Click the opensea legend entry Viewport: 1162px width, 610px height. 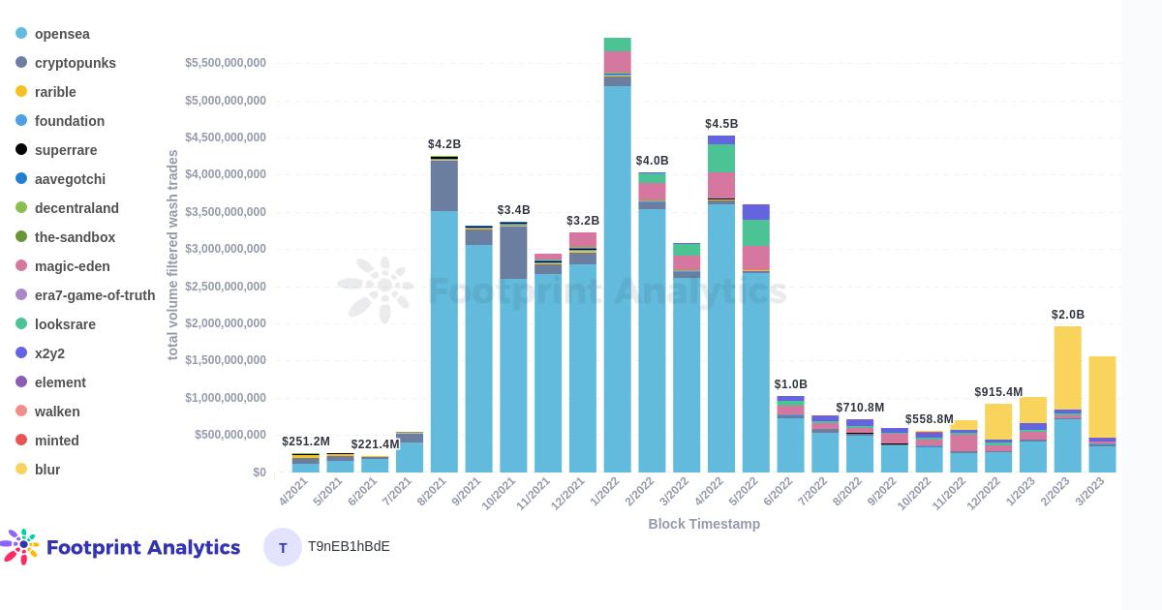[62, 34]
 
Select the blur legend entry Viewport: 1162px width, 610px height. [46, 470]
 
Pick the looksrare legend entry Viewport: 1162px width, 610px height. [64, 324]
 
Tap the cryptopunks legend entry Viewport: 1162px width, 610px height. [75, 63]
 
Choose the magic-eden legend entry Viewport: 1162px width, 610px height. [72, 266]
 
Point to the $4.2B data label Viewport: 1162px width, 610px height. [444, 144]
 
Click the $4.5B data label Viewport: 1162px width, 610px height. [721, 124]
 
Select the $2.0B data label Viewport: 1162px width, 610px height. [1068, 315]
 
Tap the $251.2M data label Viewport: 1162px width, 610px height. [306, 442]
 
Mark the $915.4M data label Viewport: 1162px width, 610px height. [998, 392]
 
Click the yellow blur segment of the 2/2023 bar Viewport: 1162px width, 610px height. [1068, 368]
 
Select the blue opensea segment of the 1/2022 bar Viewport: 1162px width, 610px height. [618, 281]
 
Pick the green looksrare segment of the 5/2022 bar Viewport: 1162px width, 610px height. [756, 232]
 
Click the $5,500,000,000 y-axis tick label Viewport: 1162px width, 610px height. [226, 63]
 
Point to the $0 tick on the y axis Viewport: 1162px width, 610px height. [259, 473]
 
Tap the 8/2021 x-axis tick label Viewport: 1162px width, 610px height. [432, 491]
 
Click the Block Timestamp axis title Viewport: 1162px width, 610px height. [704, 524]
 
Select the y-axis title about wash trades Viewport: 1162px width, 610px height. [173, 255]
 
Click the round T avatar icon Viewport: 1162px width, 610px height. [283, 547]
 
